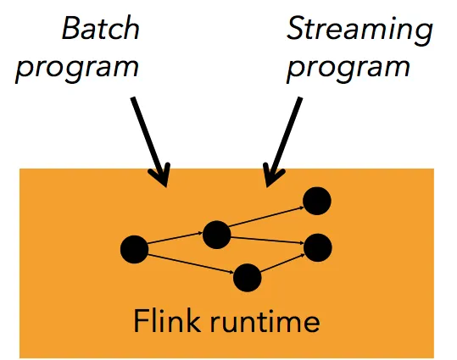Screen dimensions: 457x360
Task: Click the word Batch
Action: tap(101, 28)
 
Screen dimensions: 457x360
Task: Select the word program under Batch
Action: tap(77, 70)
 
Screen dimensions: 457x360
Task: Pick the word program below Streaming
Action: tap(348, 70)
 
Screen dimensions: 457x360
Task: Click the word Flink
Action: tap(167, 320)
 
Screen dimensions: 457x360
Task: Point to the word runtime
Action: tap(265, 322)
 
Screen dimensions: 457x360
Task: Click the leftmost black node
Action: tap(134, 249)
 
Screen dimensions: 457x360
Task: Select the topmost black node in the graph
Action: tap(317, 201)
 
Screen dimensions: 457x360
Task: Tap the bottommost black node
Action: tap(248, 278)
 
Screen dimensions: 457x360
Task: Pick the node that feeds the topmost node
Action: tap(216, 235)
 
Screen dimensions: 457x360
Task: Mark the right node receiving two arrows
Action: tap(318, 247)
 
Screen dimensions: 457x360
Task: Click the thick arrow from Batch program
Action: tap(150, 141)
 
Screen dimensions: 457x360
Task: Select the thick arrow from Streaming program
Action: tap(283, 141)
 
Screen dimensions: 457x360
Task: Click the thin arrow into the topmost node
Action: tap(267, 216)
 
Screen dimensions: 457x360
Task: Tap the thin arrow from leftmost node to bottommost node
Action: tap(191, 264)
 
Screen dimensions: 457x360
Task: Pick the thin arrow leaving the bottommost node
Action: tap(282, 263)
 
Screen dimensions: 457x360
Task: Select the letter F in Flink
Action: tap(141, 320)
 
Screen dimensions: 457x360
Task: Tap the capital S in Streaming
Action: tap(295, 28)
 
